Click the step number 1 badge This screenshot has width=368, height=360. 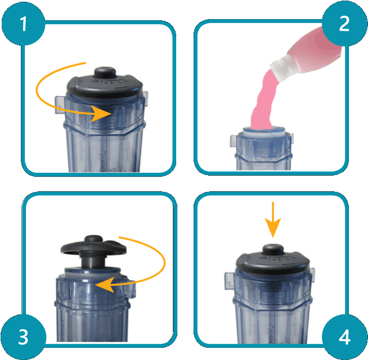[23, 24]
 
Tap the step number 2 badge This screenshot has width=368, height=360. [344, 24]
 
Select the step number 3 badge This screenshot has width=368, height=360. [23, 337]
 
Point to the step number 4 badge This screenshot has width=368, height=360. [344, 337]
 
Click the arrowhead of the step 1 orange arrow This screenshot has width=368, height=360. [104, 114]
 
